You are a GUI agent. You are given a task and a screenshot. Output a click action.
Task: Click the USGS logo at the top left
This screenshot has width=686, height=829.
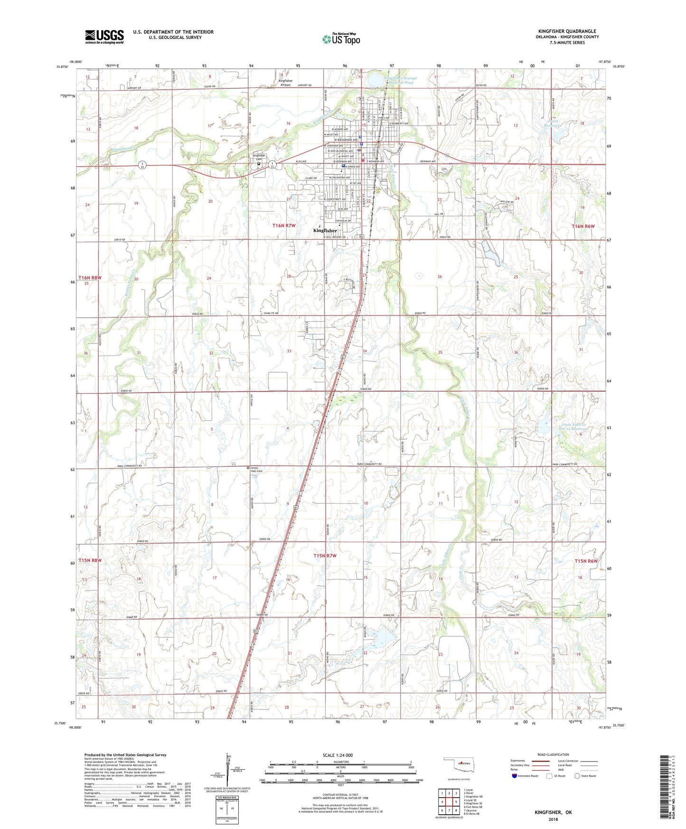click(104, 37)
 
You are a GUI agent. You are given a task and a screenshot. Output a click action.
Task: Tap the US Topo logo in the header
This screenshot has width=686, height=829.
click(340, 39)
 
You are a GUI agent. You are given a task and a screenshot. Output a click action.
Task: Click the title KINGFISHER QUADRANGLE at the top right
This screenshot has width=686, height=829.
click(567, 31)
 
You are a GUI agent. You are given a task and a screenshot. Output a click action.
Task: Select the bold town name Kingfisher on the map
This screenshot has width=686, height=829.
click(325, 230)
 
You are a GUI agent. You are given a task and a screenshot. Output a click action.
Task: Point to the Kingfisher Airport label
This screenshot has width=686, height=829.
click(285, 83)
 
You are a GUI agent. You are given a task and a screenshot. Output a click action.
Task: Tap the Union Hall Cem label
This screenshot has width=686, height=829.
click(256, 469)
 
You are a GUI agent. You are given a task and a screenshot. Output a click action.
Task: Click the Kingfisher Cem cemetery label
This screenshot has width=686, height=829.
click(259, 157)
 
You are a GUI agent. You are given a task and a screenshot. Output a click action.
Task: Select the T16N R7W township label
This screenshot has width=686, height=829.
click(284, 226)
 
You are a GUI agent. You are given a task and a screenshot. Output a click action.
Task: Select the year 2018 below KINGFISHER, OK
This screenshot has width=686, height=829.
click(553, 819)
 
